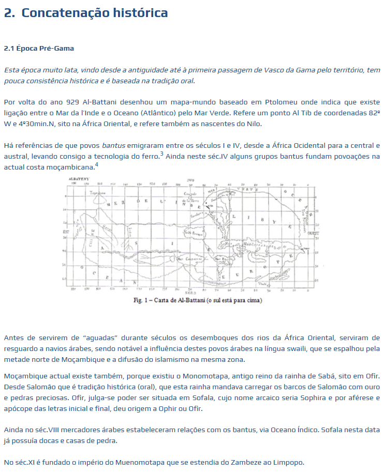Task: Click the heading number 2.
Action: pyautogui.click(x=9, y=13)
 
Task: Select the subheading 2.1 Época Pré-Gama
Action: pyautogui.click(x=39, y=49)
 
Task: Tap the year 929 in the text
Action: pyautogui.click(x=73, y=102)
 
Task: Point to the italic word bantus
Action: pyautogui.click(x=113, y=145)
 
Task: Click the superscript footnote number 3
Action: pyautogui.click(x=161, y=153)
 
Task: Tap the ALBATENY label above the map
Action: pyautogui.click(x=78, y=178)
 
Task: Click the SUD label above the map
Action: pyautogui.click(x=190, y=179)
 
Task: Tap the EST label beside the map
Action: pyautogui.click(x=66, y=233)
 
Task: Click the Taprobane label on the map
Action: pyautogui.click(x=98, y=192)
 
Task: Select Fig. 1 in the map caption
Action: pyautogui.click(x=141, y=301)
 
